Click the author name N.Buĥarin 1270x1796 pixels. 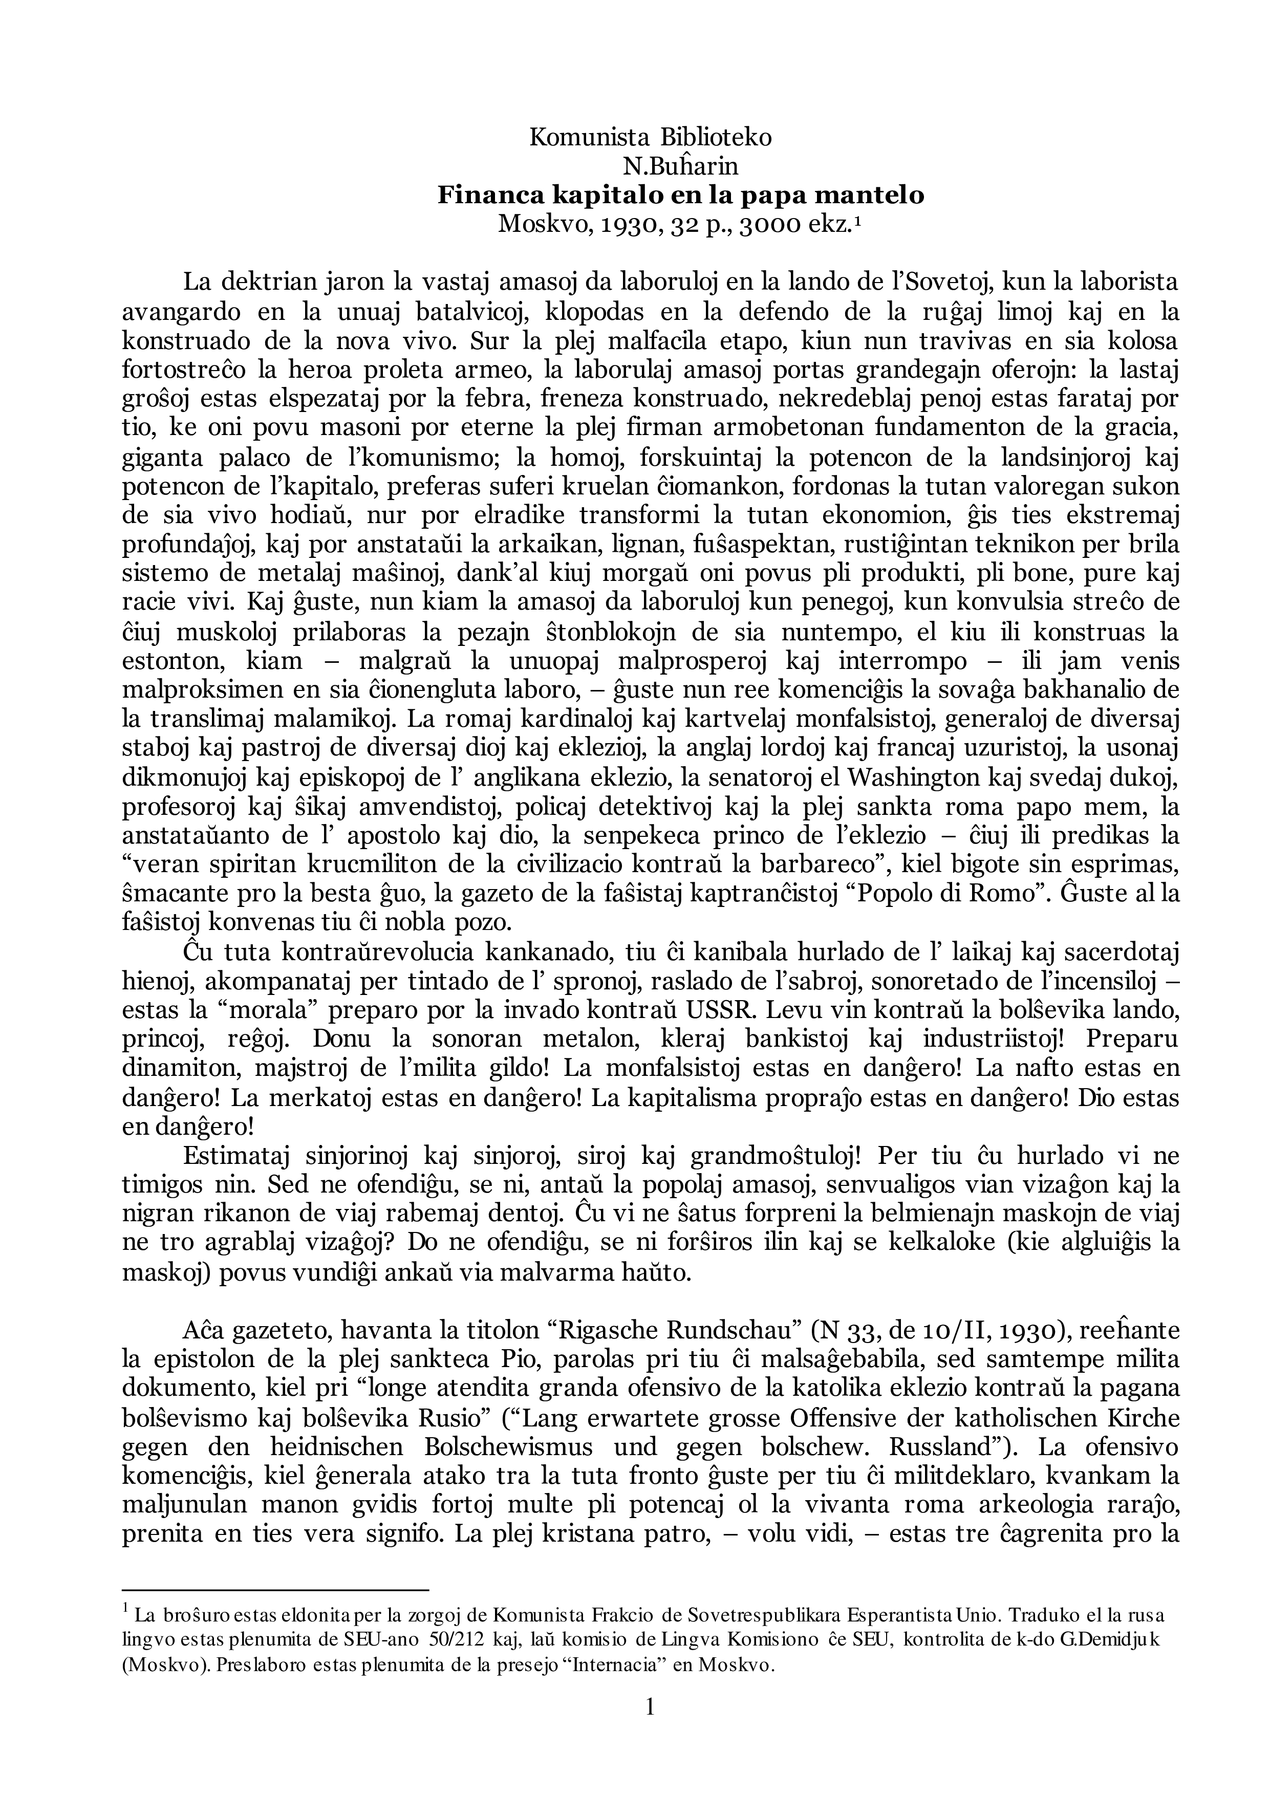click(679, 167)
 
